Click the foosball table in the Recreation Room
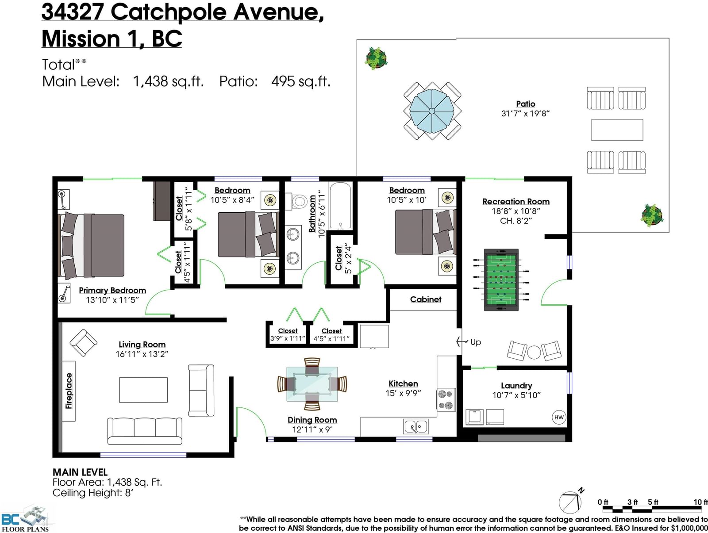(501, 280)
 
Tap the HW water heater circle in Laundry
(559, 417)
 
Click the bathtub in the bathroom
(340, 206)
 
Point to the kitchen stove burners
(446, 399)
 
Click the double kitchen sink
(416, 426)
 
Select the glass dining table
(312, 383)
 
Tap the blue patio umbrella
(432, 111)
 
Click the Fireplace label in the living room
(69, 391)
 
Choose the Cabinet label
(425, 299)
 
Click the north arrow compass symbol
(571, 502)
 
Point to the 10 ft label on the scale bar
(700, 502)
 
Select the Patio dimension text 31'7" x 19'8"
(525, 113)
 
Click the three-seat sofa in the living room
(145, 431)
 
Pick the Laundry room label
(516, 385)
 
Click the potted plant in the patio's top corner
(376, 58)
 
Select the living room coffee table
(143, 390)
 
